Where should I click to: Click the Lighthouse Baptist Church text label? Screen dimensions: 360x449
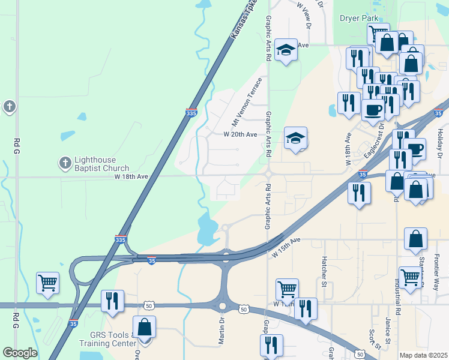101,164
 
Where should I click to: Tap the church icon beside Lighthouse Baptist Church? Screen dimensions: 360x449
65,163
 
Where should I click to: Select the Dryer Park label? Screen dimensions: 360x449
359,19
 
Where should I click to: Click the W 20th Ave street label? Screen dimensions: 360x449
240,134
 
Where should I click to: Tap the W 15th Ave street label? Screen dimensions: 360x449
286,247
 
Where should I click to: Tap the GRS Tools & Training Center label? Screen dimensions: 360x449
113,340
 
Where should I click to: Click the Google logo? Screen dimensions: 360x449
20,353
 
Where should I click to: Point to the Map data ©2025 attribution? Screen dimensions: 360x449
423,355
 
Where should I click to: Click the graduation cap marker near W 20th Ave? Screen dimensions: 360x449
295,138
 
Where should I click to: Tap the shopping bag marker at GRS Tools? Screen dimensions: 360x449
144,327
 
